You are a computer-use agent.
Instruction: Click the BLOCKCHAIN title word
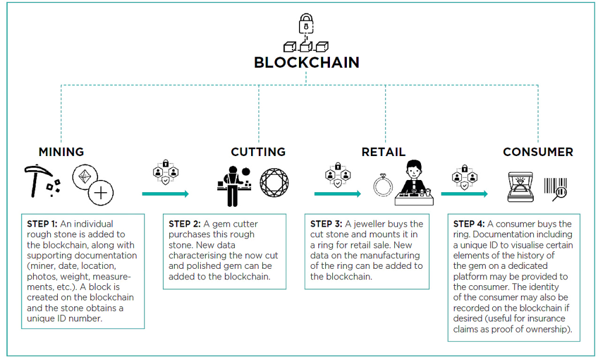point(307,63)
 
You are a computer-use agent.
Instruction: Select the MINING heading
point(61,152)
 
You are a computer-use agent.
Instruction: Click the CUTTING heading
point(258,152)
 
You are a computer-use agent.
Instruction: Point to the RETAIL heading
point(383,152)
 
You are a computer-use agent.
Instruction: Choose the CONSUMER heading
point(538,152)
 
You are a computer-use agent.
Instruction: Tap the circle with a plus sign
point(101,193)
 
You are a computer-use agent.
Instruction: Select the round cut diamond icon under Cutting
point(273,183)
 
